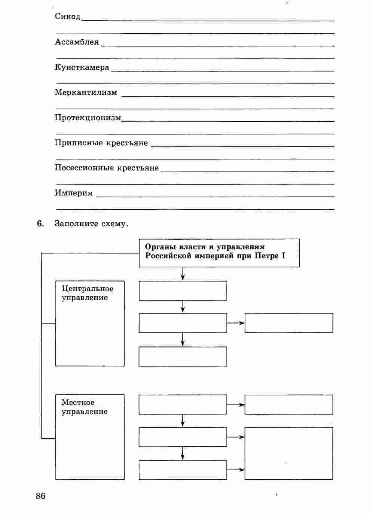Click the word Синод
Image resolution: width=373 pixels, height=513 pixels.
(67, 16)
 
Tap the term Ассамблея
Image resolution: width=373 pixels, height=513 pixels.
(77, 42)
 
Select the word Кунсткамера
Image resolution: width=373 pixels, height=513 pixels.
(82, 67)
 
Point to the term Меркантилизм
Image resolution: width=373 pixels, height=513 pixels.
(86, 92)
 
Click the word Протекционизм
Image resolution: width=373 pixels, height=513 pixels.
(88, 118)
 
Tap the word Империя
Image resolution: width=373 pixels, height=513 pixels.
(73, 193)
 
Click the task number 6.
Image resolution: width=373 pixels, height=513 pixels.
(40, 224)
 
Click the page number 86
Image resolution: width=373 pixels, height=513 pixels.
(40, 496)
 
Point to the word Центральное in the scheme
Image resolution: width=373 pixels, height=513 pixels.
(88, 289)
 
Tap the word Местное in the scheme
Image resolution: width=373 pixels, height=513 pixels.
(78, 403)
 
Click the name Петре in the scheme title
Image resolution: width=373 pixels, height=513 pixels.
(267, 256)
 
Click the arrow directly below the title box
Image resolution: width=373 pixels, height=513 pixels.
(183, 274)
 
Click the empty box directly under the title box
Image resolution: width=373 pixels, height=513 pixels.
(183, 291)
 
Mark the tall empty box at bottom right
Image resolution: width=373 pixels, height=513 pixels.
(288, 453)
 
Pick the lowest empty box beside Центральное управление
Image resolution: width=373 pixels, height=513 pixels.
(183, 356)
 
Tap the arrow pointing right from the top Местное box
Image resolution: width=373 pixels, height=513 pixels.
(236, 405)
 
